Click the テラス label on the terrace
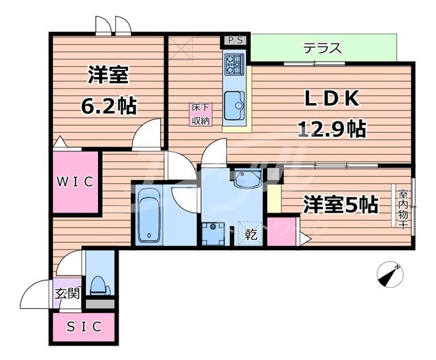click(322, 48)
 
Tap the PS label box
click(235, 40)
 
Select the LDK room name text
click(330, 100)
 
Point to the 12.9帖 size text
click(331, 128)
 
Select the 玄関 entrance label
click(67, 294)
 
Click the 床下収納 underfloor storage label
click(200, 114)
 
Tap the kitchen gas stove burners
click(234, 64)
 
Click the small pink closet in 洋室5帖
click(278, 232)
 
